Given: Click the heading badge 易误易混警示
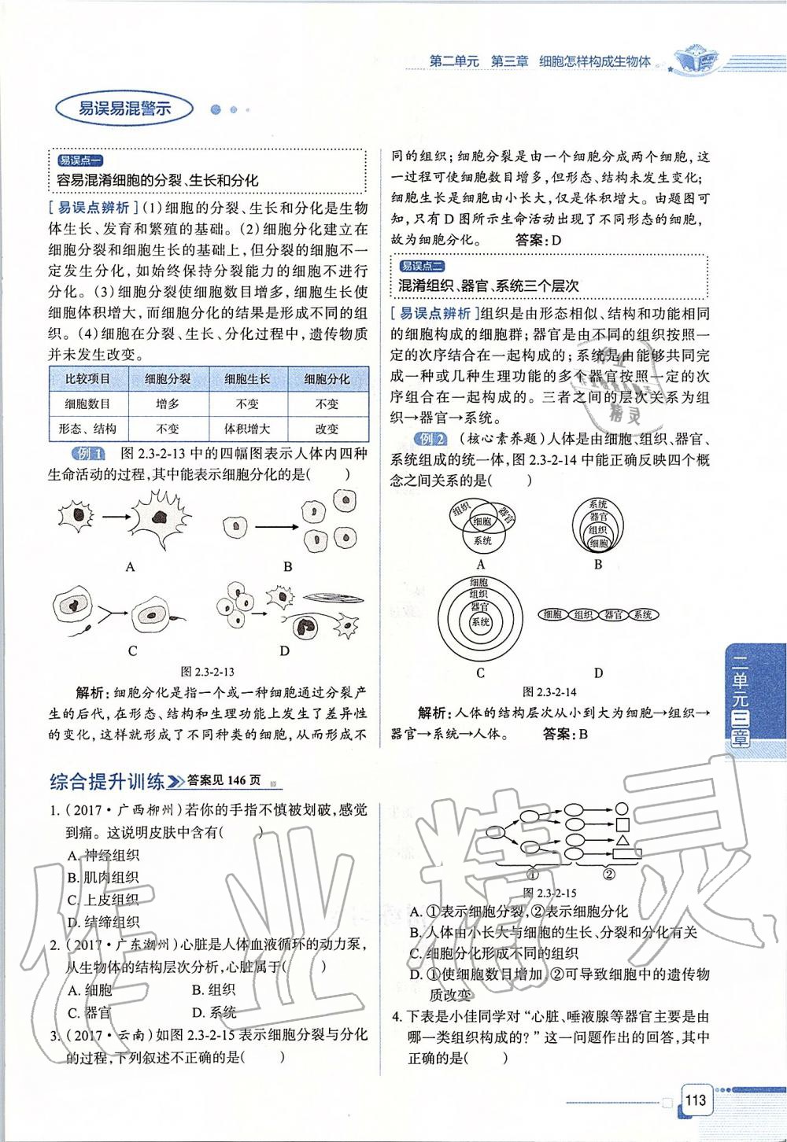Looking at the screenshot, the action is pyautogui.click(x=124, y=109).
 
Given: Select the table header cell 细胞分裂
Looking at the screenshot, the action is pyautogui.click(x=168, y=379).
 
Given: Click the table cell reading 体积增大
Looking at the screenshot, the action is pyautogui.click(x=247, y=429).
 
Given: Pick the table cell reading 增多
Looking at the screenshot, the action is pyautogui.click(x=168, y=404).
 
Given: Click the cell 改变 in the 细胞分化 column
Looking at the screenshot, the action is pyautogui.click(x=327, y=429).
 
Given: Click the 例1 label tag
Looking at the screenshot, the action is pyautogui.click(x=87, y=454).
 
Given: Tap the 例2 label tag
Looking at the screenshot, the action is pyautogui.click(x=431, y=440).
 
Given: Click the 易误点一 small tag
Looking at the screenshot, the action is pyautogui.click(x=79, y=160).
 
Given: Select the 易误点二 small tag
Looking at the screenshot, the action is pyautogui.click(x=422, y=266).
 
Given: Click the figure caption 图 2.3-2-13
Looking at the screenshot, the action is pyautogui.click(x=207, y=672).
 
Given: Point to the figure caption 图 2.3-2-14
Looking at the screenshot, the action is pyautogui.click(x=549, y=692).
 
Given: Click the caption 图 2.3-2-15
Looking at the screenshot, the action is pyautogui.click(x=549, y=893).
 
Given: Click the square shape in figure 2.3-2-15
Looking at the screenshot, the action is pyautogui.click(x=623, y=824).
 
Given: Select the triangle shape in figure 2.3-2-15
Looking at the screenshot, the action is pyautogui.click(x=623, y=842).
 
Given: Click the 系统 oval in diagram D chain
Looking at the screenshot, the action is pyautogui.click(x=641, y=615).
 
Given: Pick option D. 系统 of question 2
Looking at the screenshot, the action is pyautogui.click(x=213, y=1013).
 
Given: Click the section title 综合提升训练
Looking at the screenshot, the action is pyautogui.click(x=106, y=781).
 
